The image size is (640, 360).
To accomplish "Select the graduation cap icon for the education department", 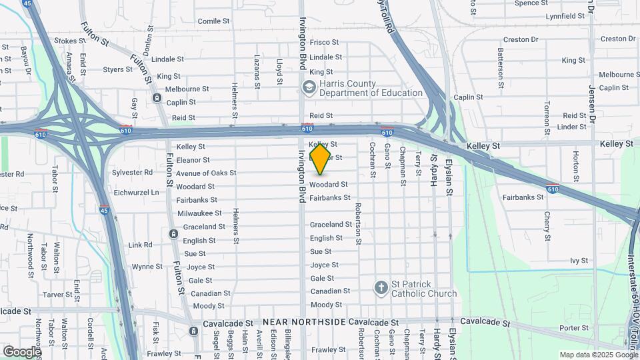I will (x=309, y=87).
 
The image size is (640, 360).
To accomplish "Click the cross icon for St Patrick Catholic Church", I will (x=381, y=288).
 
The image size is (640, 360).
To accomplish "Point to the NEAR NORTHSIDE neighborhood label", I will (x=304, y=322).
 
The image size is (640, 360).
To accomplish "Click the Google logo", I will (x=22, y=351).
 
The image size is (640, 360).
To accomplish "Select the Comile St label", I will (x=213, y=21).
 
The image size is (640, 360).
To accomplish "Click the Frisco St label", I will (x=325, y=42).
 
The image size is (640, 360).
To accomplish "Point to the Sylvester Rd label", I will (x=133, y=172).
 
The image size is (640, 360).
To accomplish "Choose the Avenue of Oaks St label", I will (x=206, y=173).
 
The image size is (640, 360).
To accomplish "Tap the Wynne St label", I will (x=143, y=267).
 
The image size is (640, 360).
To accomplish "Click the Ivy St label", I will (x=579, y=261).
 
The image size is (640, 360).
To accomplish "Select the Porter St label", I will (x=574, y=327).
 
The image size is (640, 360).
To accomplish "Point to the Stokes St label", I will (x=66, y=41).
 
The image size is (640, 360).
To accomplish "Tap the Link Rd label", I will (x=140, y=245).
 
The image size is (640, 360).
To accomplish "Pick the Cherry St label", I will (x=547, y=226).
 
